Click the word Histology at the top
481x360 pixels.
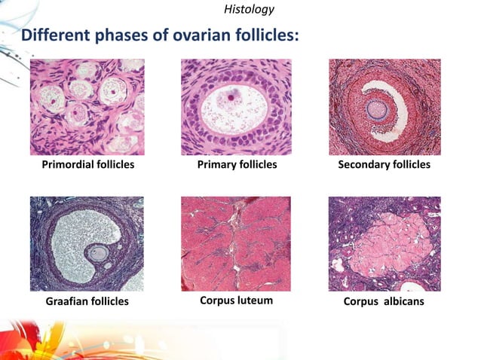tap(249, 10)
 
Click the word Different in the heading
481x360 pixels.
tap(55, 35)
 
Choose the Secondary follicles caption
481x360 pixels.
tap(384, 164)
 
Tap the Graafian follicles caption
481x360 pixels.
tap(86, 301)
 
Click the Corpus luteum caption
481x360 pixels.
tap(236, 301)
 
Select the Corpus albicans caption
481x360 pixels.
tap(384, 301)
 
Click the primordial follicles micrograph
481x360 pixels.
tap(86, 106)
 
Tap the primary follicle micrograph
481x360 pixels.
tap(237, 106)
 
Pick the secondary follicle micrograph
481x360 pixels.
tap(384, 106)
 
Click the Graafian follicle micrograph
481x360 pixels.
tap(86, 244)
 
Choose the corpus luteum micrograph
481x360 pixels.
tap(237, 244)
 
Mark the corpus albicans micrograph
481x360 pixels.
tap(384, 244)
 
